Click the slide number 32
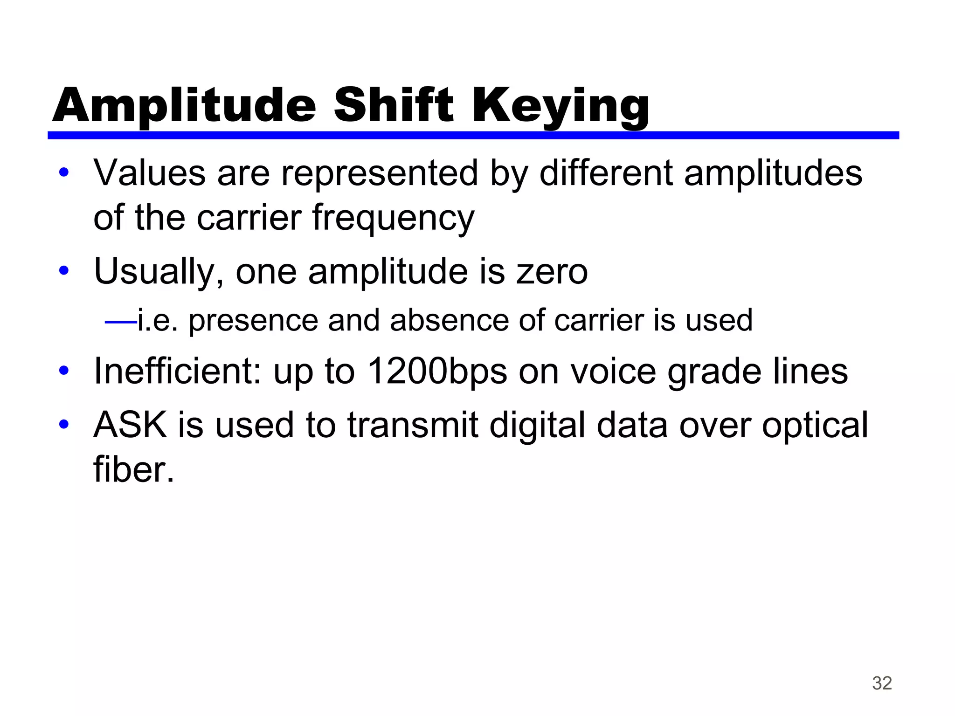tap(882, 683)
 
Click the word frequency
tap(393, 218)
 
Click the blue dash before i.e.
tap(121, 321)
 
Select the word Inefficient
tap(178, 371)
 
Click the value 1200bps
tap(437, 372)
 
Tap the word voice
tap(613, 371)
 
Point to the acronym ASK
tap(130, 425)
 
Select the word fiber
tap(133, 470)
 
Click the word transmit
tap(413, 425)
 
